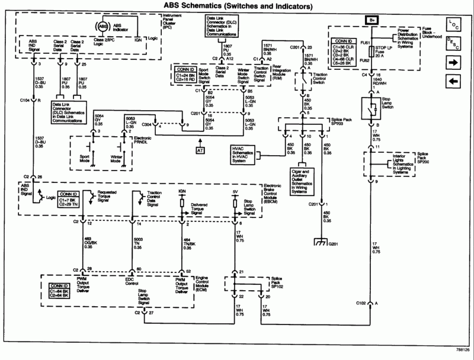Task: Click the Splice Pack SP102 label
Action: coord(274,279)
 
